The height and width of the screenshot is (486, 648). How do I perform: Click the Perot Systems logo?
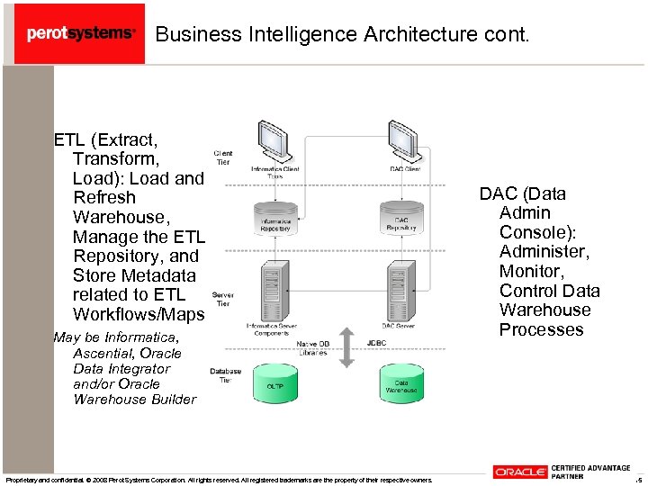[x=80, y=33]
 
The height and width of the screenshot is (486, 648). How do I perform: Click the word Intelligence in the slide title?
[x=288, y=34]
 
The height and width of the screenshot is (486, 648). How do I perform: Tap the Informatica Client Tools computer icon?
[x=273, y=139]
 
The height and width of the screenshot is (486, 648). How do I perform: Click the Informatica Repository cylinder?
[x=275, y=218]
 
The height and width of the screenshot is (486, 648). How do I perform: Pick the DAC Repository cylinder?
[x=401, y=218]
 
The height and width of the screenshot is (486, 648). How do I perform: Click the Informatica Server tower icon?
[x=273, y=287]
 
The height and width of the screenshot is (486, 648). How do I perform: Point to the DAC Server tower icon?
[x=399, y=287]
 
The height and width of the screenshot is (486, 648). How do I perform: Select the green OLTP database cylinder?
[x=274, y=383]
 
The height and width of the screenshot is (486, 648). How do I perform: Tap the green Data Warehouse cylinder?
[x=401, y=384]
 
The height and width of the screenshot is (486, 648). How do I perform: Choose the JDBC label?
[x=376, y=343]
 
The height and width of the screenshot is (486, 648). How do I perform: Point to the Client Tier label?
[x=222, y=158]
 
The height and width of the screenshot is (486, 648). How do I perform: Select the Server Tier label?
[x=222, y=299]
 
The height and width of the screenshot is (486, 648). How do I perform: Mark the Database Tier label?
[x=225, y=375]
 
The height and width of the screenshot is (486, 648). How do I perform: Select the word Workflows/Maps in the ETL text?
[x=139, y=314]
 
